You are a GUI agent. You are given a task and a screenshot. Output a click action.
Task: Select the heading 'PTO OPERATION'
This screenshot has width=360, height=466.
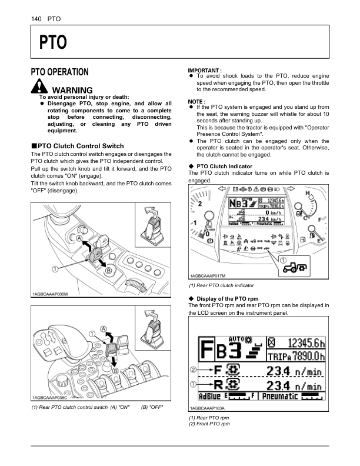coord(59,72)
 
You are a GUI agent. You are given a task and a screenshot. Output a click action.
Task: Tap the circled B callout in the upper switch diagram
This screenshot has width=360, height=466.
coord(109,271)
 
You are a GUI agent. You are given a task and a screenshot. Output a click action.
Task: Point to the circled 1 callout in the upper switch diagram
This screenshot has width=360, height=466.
coord(55,269)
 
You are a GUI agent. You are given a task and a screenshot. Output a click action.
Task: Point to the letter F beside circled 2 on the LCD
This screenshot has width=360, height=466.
coord(217,371)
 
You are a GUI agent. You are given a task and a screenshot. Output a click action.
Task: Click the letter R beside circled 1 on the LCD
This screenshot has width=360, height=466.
coord(217,386)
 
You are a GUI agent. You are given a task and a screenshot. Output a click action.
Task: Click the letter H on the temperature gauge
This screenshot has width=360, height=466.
coord(308,194)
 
